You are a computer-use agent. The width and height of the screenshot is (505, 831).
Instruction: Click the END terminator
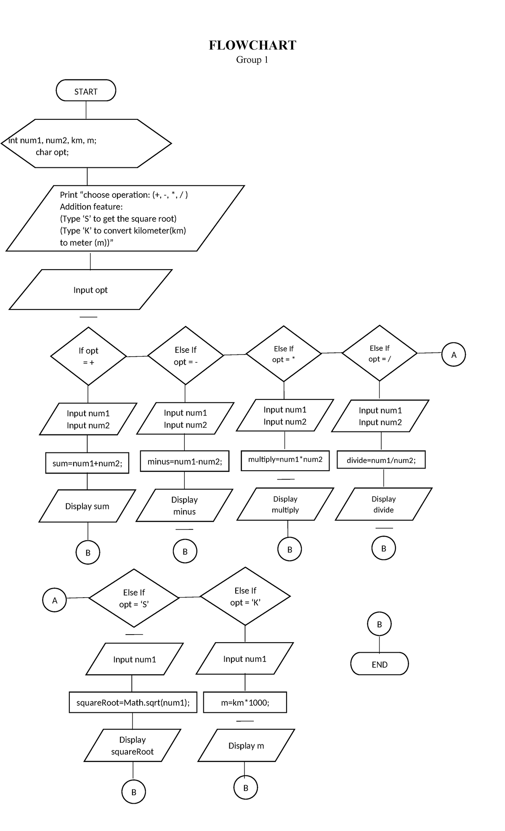[379, 664]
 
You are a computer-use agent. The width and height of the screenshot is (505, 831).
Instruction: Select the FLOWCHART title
[252, 45]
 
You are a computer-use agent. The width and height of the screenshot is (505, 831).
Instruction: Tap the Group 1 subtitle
[252, 60]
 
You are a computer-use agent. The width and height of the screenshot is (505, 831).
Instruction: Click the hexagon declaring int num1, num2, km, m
[86, 144]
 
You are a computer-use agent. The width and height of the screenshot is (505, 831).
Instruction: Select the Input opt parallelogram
[90, 290]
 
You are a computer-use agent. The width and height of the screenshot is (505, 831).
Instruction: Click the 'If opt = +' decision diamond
[88, 356]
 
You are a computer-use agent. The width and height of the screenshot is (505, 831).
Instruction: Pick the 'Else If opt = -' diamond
[186, 355]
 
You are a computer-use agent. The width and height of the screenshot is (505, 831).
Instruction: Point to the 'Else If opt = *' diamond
[284, 354]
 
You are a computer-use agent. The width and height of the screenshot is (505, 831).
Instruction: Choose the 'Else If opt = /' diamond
[380, 353]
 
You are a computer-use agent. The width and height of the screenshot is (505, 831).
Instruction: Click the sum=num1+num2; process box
[87, 463]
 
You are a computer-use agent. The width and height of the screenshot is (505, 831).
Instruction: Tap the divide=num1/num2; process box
[381, 460]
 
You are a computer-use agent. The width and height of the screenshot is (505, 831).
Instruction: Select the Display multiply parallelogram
[285, 504]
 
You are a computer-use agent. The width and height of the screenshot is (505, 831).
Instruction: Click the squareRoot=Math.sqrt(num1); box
[133, 702]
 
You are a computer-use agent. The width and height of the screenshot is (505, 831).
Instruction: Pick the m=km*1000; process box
[245, 702]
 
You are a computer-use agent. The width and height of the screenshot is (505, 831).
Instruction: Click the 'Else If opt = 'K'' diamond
[245, 596]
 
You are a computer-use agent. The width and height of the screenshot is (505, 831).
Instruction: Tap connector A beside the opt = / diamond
[454, 355]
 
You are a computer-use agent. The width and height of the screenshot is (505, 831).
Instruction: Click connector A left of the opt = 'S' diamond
[55, 600]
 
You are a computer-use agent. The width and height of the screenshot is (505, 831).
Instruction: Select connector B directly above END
[379, 624]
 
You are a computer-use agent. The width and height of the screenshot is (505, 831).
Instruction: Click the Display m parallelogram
[246, 746]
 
